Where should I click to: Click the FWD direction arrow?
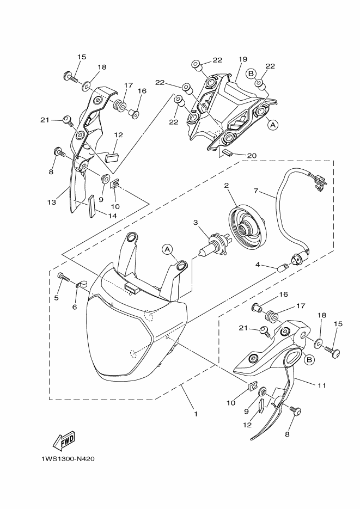click(64, 440)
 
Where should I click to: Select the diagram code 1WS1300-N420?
click(68, 459)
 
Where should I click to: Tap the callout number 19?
click(242, 59)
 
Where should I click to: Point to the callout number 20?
click(252, 156)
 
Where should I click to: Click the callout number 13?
click(51, 202)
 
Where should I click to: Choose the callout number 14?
click(112, 216)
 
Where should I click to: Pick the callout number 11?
click(321, 385)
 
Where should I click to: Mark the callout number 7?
click(256, 191)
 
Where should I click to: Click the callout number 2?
click(226, 186)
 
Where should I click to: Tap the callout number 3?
click(196, 222)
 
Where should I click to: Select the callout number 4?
click(258, 265)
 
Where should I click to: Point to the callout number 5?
click(56, 297)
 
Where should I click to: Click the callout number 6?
click(75, 307)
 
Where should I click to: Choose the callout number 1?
click(196, 414)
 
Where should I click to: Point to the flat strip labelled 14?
click(91, 206)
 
